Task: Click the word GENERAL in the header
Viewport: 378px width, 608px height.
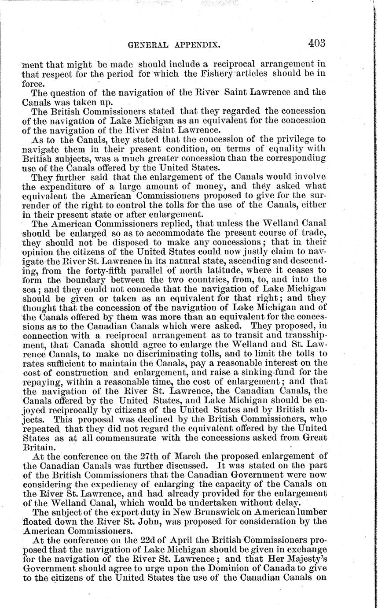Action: [x=147, y=45]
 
